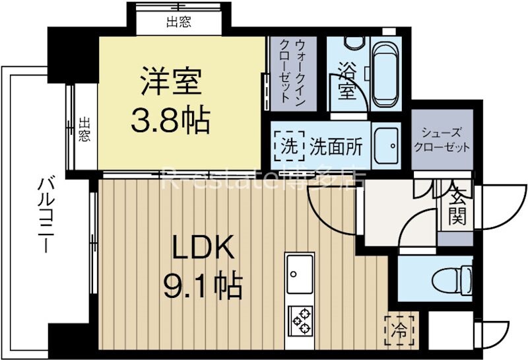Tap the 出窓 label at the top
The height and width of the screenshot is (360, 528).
[178, 22]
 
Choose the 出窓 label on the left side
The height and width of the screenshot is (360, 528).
[84, 129]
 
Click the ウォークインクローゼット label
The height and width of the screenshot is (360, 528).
[292, 71]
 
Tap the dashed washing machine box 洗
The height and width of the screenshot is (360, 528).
[288, 146]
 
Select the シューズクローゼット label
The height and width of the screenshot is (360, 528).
[442, 140]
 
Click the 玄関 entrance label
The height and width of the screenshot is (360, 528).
[455, 205]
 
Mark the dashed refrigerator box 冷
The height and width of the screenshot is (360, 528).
[399, 328]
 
